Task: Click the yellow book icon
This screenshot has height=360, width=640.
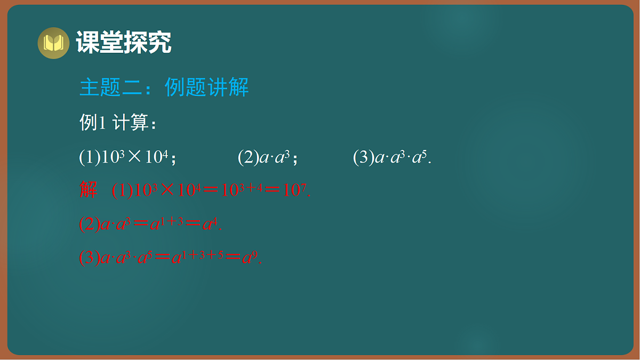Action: pyautogui.click(x=53, y=43)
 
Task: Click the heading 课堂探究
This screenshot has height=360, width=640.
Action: pyautogui.click(x=123, y=43)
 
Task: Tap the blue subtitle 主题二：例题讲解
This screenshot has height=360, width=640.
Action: pyautogui.click(x=164, y=87)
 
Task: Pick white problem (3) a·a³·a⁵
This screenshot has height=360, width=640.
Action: pyautogui.click(x=392, y=157)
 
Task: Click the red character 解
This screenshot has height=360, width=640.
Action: pyautogui.click(x=89, y=190)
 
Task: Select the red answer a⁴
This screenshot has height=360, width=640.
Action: pyautogui.click(x=211, y=224)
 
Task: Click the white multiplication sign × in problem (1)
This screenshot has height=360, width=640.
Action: pyautogui.click(x=135, y=157)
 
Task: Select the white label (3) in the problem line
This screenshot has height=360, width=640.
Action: pyautogui.click(x=363, y=157)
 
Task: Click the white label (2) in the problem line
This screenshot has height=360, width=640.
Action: pyautogui.click(x=247, y=157)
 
